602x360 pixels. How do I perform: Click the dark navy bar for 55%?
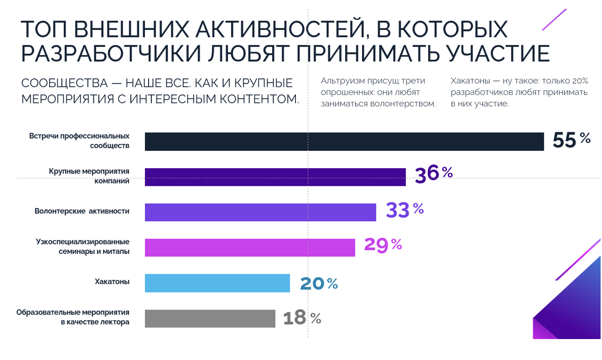344,142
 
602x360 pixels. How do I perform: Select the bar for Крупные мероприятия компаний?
275,177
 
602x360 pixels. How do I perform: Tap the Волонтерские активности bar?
260,212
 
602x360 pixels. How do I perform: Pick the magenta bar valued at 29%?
250,248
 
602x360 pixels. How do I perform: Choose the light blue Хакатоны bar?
217,283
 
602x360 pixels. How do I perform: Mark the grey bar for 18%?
210,319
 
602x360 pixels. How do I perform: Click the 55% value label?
571,140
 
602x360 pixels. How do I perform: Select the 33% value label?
404,210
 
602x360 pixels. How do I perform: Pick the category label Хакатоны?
112,282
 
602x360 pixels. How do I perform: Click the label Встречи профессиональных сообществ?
79,141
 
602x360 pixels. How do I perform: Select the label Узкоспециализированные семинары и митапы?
82,246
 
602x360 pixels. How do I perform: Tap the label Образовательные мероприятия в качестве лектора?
73,317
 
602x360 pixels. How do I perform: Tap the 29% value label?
383,245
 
